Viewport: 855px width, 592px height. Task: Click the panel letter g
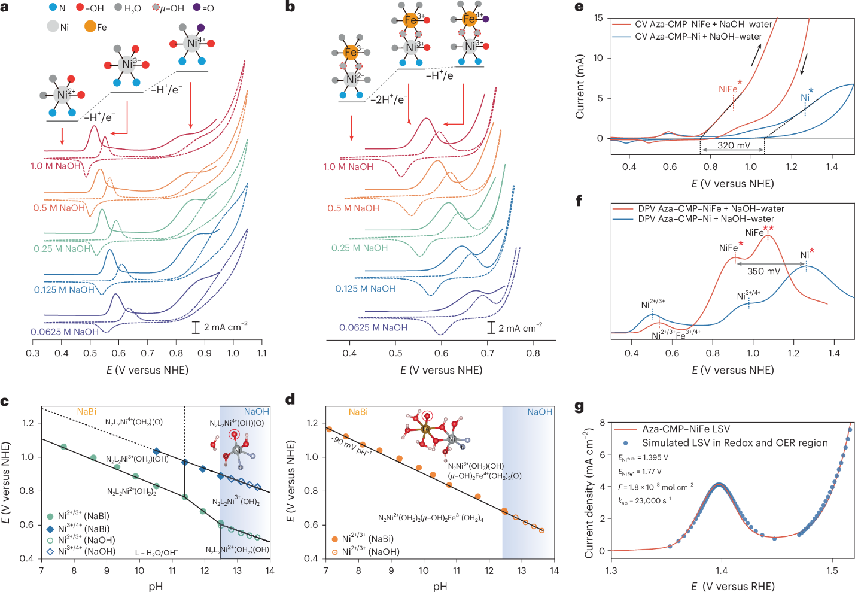click(579, 407)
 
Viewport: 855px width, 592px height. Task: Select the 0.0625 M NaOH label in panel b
click(373, 327)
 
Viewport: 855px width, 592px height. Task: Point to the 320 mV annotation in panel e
click(734, 145)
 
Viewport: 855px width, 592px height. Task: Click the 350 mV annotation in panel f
click(763, 271)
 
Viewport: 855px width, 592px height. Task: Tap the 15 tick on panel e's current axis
click(598, 18)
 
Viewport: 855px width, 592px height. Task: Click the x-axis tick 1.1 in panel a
click(262, 353)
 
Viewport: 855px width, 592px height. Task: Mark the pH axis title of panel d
click(440, 586)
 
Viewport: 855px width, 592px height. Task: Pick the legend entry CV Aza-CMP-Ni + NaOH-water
click(698, 37)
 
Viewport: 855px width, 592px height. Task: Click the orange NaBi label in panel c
click(87, 412)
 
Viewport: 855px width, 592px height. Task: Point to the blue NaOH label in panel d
click(540, 412)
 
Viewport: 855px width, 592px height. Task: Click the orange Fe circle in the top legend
click(90, 27)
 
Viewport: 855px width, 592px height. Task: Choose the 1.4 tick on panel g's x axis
click(722, 570)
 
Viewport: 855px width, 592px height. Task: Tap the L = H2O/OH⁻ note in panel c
click(156, 552)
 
